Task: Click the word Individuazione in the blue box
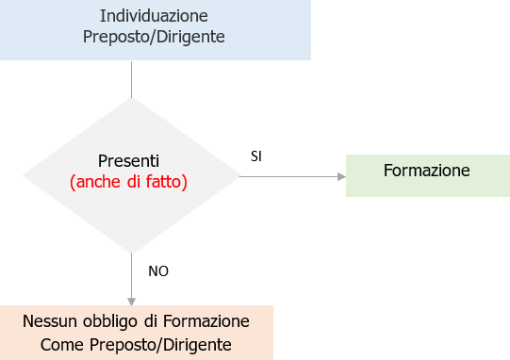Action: tap(154, 16)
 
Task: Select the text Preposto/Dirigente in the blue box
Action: tap(154, 38)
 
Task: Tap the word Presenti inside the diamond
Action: tap(129, 160)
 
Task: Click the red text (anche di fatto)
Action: tap(129, 181)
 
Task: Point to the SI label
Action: tap(255, 155)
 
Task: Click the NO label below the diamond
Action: tap(158, 270)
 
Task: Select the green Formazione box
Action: tap(427, 174)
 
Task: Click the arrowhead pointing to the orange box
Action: tap(131, 299)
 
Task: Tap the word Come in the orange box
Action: tap(62, 344)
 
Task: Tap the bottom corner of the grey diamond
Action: tap(131, 252)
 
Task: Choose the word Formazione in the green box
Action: tap(427, 171)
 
